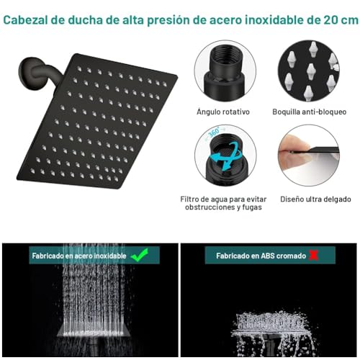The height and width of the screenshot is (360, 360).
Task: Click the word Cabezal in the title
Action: coord(25,20)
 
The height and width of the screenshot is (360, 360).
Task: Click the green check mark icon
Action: coord(140,255)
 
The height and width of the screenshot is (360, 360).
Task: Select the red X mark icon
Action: coord(313,256)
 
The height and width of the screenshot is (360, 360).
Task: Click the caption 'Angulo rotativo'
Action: coord(223,112)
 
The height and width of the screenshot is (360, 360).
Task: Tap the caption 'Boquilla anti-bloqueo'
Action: coord(309,112)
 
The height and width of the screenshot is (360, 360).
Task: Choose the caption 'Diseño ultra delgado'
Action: coord(315,199)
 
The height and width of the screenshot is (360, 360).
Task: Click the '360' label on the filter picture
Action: coord(213,132)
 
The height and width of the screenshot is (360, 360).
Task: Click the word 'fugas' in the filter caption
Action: coord(252,207)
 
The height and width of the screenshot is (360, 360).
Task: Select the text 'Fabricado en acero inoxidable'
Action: coord(79,256)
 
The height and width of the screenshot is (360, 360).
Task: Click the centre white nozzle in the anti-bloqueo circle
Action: coord(311,72)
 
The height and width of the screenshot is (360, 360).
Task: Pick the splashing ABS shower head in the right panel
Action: coord(271,333)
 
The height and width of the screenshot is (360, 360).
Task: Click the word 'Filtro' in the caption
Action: coord(190,199)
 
